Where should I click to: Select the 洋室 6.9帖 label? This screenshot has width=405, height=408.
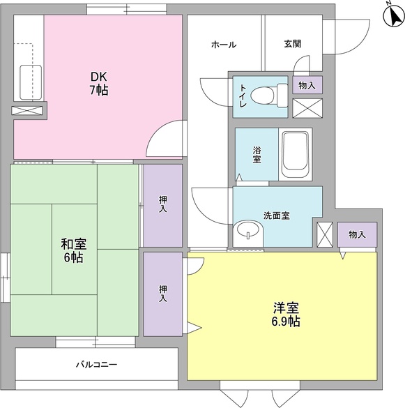(286, 315)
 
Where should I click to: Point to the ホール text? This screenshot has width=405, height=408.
(223, 45)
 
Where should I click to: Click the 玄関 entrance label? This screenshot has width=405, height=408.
(292, 45)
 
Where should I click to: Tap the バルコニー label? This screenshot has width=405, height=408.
(96, 365)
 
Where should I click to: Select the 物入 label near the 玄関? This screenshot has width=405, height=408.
(307, 85)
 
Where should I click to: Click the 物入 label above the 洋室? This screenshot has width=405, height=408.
(357, 234)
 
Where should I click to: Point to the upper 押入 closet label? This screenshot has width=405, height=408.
(162, 204)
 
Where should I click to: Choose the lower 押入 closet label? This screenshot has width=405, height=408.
(162, 293)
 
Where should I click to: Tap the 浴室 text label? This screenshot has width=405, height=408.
(257, 155)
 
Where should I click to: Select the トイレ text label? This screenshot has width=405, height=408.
(243, 93)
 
